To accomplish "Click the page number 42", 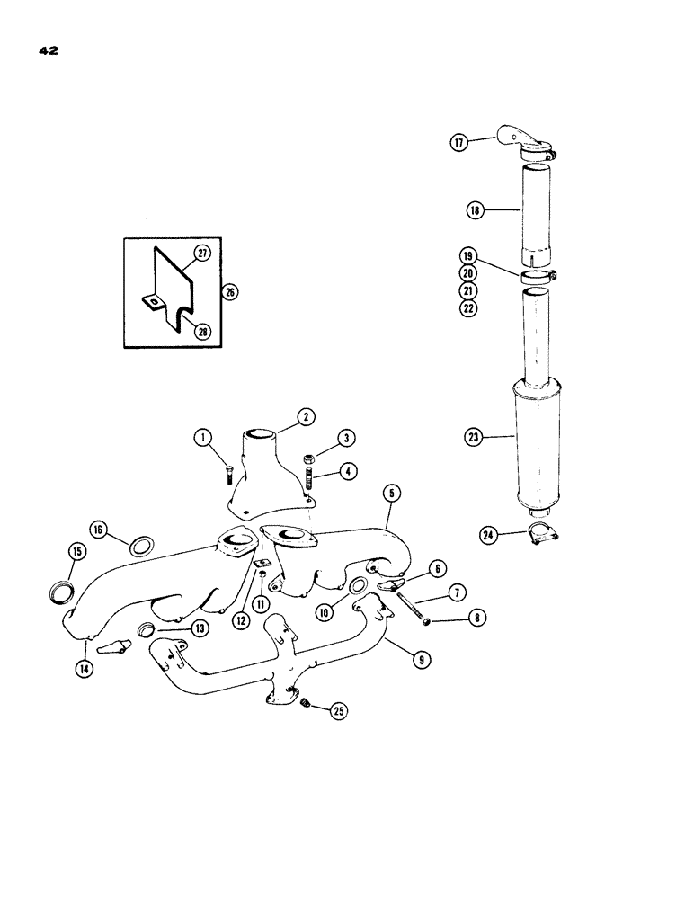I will [x=49, y=52].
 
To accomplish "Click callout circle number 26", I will [x=231, y=292].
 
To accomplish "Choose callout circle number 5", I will [x=390, y=494].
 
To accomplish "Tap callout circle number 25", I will [x=340, y=710].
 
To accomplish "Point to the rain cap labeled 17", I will [x=524, y=146].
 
